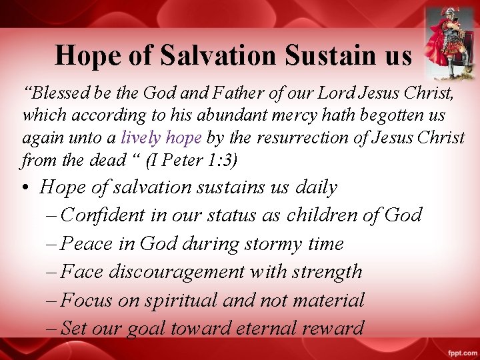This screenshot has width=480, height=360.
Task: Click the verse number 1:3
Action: coord(219,161)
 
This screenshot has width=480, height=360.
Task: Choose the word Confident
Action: coord(102,215)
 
